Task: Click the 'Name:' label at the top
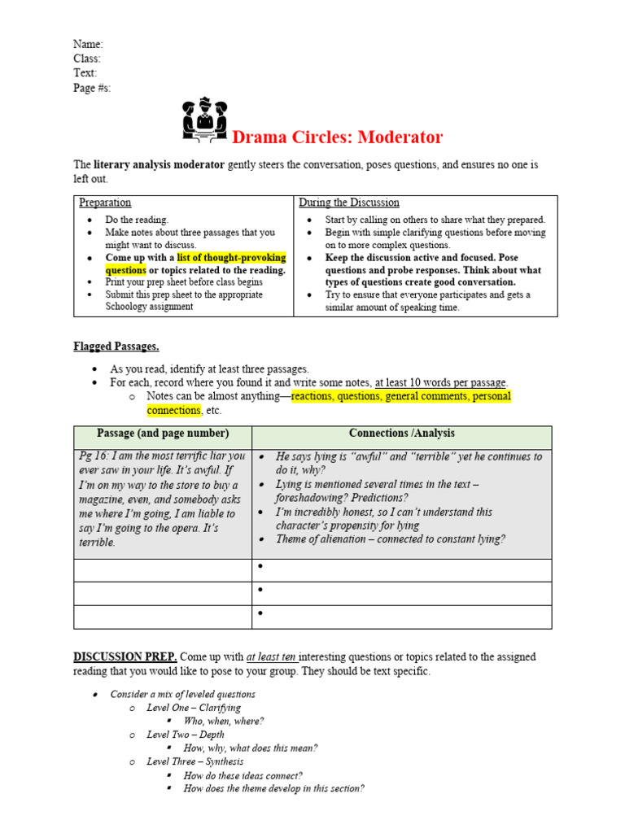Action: click(88, 44)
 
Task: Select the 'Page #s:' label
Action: click(92, 88)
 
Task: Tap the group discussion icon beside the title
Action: click(205, 120)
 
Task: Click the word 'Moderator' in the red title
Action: click(391, 137)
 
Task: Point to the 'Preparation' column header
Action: click(105, 203)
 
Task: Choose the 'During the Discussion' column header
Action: click(348, 203)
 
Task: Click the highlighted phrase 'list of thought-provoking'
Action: click(231, 258)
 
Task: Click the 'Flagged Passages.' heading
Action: click(116, 347)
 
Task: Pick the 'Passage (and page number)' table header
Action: click(163, 434)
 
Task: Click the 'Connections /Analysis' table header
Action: click(402, 434)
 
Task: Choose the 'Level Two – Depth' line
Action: click(186, 735)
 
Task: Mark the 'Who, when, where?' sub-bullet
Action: click(224, 721)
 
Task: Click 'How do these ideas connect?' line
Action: click(243, 775)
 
